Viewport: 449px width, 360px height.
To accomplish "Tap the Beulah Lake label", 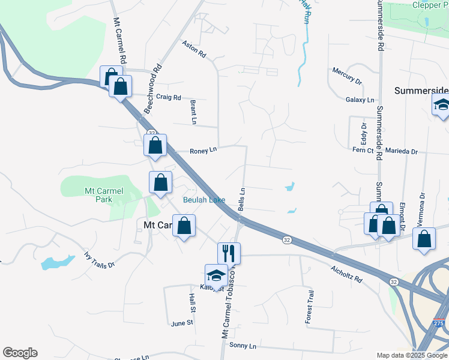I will pos(204,200).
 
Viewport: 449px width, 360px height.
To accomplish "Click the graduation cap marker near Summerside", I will pos(442,106).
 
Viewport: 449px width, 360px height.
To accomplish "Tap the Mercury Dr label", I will pos(348,76).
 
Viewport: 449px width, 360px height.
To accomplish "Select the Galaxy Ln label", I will pos(360,100).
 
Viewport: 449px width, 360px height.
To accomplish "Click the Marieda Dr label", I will pos(402,152).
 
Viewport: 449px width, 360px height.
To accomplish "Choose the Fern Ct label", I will pos(363,149).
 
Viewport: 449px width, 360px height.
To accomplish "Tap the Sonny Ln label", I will pos(243,346).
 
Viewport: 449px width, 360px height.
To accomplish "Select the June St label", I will pos(182,322).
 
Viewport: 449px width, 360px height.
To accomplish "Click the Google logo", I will pos(20,353).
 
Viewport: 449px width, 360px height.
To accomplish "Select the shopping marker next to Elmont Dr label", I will pos(389,226).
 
